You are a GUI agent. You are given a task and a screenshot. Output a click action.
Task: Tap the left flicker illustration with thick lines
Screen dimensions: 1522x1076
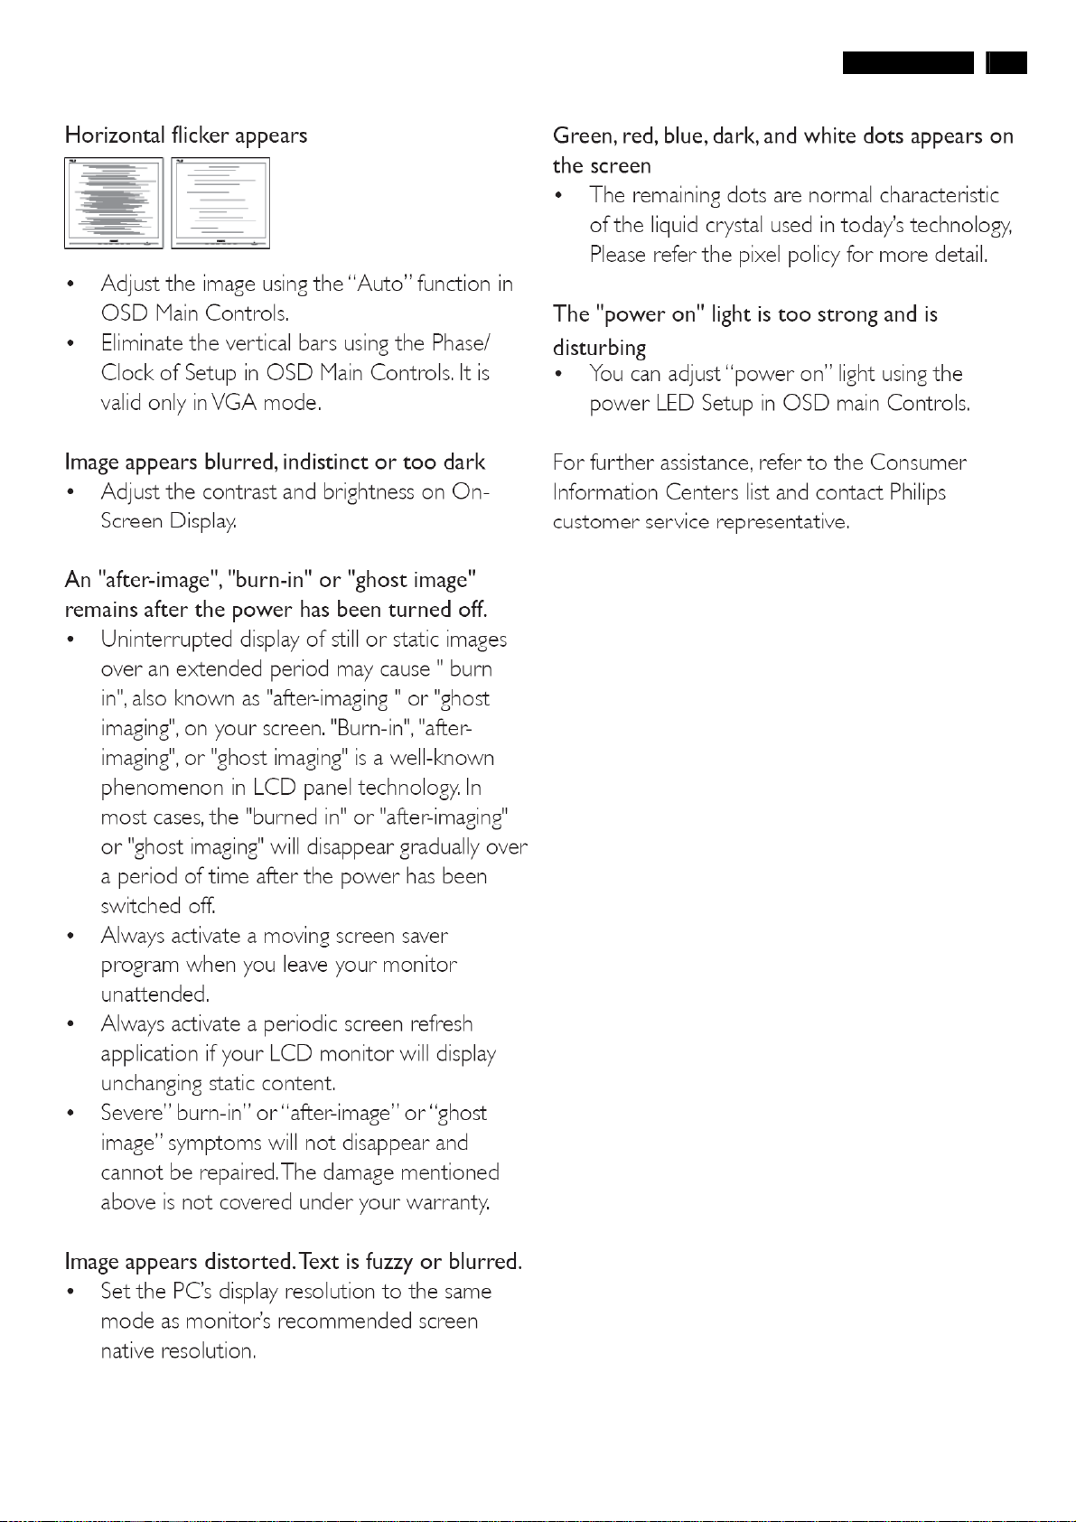(114, 203)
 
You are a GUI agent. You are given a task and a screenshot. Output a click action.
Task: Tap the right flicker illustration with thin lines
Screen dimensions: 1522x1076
(220, 203)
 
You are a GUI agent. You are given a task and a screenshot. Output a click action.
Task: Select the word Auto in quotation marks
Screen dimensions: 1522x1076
(379, 284)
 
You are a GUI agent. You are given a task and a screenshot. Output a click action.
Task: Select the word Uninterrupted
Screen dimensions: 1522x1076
(166, 640)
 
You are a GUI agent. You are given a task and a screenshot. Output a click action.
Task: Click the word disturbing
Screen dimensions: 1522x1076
(599, 349)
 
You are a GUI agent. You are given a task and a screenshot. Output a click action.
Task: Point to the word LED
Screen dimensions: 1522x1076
(675, 404)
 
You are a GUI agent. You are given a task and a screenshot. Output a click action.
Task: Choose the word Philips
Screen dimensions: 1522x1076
(917, 492)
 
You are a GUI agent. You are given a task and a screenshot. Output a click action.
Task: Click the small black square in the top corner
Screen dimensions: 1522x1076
(1006, 62)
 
